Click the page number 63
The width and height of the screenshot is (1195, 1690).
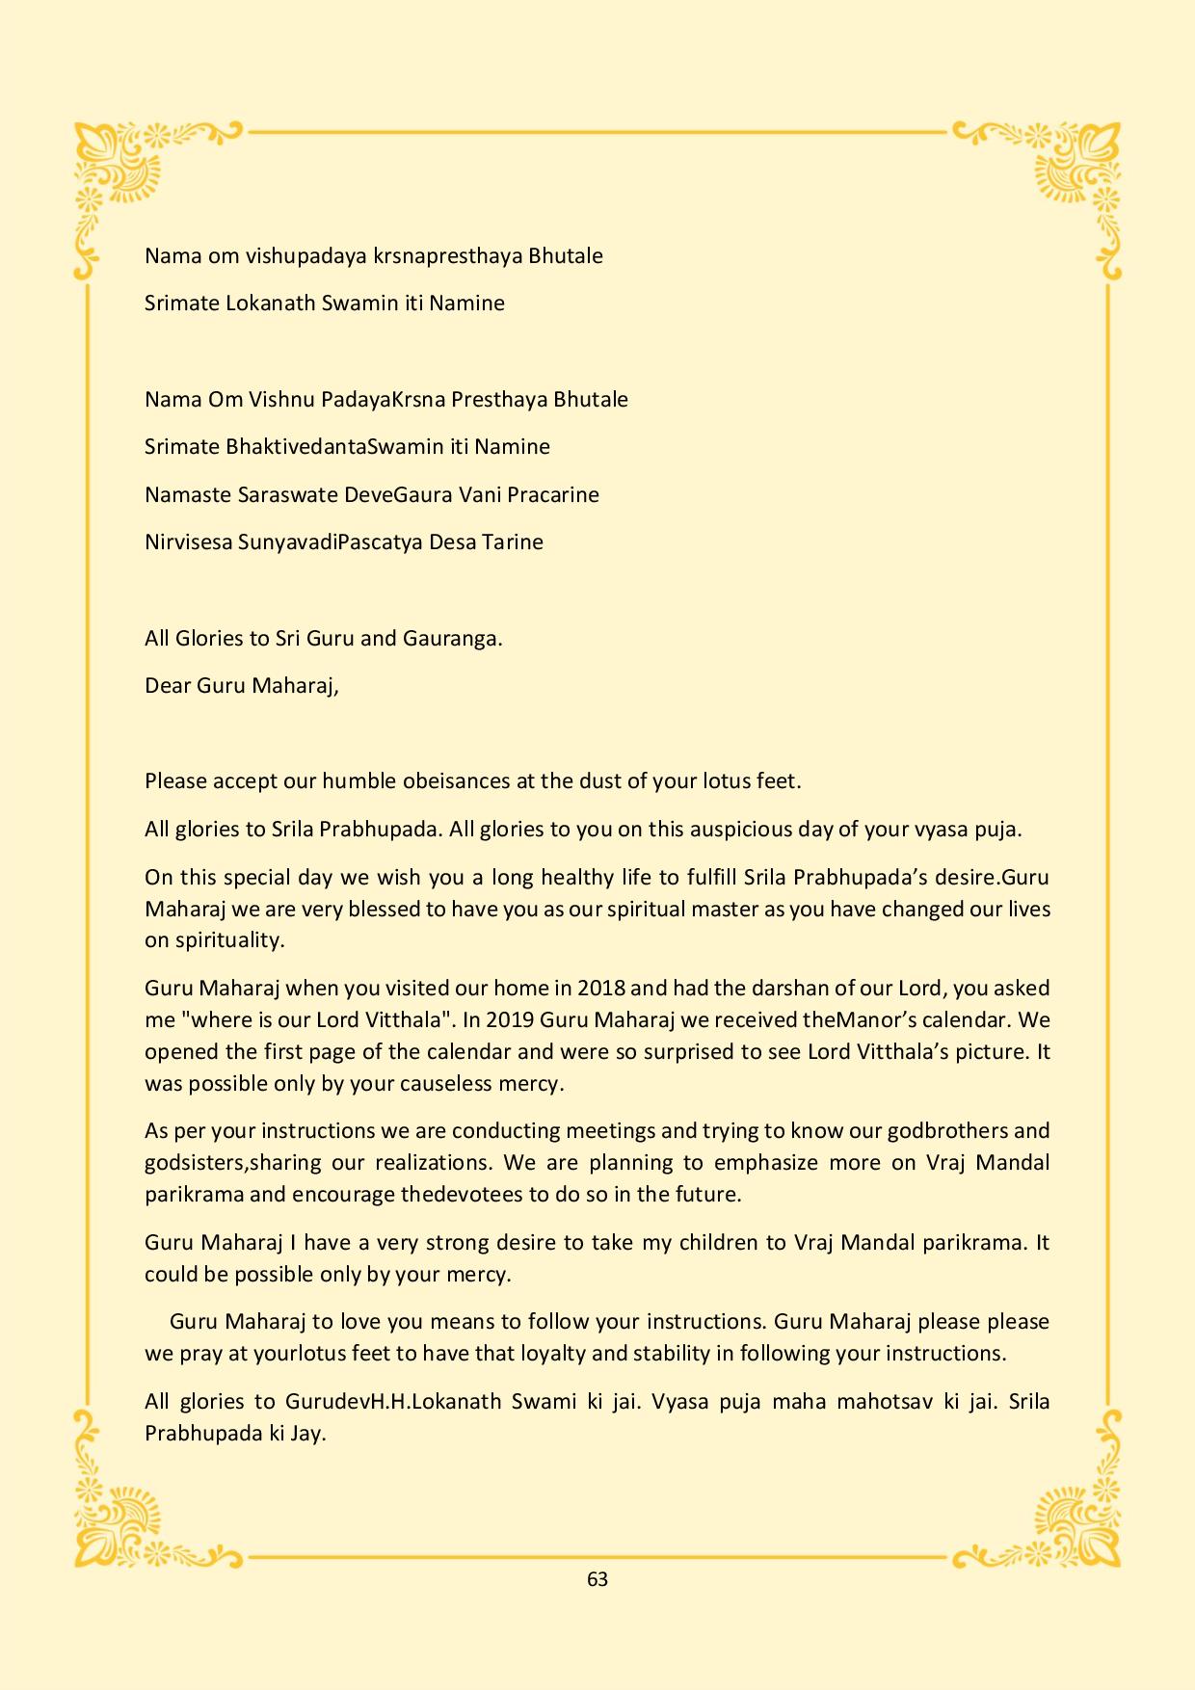click(x=597, y=1579)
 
